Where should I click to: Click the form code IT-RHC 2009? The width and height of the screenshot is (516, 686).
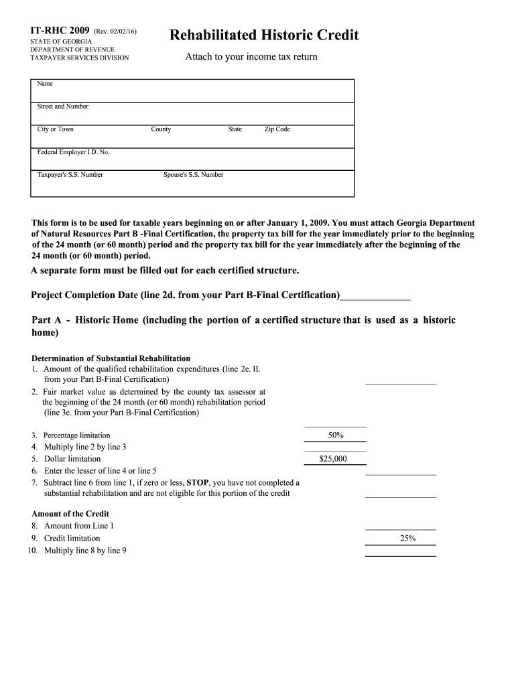click(x=60, y=31)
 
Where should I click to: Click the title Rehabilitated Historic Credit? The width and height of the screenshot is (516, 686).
click(x=264, y=35)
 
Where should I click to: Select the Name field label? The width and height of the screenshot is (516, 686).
click(x=45, y=84)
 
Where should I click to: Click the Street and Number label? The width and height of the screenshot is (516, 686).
click(x=62, y=107)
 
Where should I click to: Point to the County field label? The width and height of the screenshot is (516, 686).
click(x=161, y=129)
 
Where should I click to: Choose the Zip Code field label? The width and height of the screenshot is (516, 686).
click(x=277, y=129)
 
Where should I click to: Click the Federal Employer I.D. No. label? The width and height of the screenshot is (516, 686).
click(x=73, y=152)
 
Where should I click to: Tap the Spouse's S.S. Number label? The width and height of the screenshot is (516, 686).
click(x=194, y=175)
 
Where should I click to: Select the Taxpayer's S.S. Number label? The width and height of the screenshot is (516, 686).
click(x=70, y=175)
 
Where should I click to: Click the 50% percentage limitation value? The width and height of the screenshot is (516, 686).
click(x=336, y=435)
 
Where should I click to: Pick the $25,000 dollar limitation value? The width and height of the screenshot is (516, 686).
click(x=333, y=459)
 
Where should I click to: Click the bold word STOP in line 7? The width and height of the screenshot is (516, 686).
click(x=198, y=482)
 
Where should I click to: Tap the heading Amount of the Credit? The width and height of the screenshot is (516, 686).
click(x=70, y=514)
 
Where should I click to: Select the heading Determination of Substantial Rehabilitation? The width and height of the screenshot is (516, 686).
click(x=111, y=358)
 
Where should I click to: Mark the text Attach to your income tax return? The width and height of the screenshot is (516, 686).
click(x=251, y=57)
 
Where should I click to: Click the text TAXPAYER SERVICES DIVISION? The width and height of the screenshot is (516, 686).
click(x=80, y=58)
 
